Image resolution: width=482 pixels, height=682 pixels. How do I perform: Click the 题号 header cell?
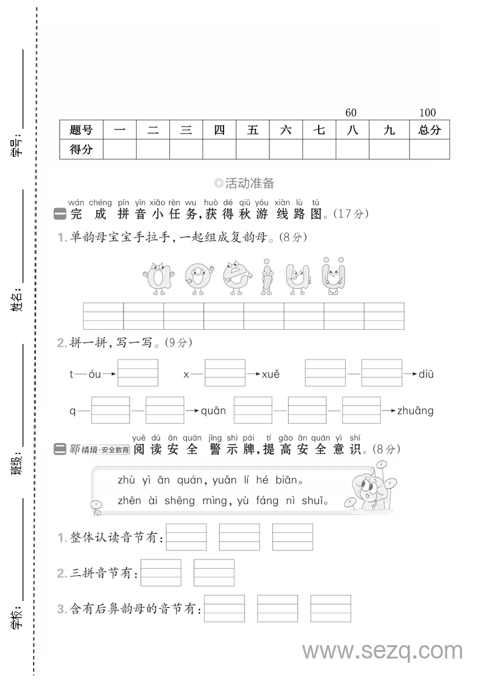click(81, 130)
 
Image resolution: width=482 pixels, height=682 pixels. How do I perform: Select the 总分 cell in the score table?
click(429, 130)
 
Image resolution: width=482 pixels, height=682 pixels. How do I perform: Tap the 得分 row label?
click(81, 150)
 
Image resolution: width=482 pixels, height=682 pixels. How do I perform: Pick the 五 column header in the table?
click(252, 130)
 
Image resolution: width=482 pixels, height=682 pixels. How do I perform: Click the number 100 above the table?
click(427, 113)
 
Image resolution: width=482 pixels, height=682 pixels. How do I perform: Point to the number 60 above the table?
click(351, 113)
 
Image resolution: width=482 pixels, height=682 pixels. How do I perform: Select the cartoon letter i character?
click(266, 279)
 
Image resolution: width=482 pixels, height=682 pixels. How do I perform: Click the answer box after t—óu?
click(138, 373)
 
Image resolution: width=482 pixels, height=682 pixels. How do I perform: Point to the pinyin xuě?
click(271, 374)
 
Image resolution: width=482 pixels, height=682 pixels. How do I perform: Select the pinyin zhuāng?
click(415, 411)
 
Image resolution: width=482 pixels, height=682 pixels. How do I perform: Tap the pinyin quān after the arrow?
click(213, 411)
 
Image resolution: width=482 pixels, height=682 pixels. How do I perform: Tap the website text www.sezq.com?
click(382, 651)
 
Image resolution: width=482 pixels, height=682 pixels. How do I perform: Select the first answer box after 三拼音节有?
click(161, 573)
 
